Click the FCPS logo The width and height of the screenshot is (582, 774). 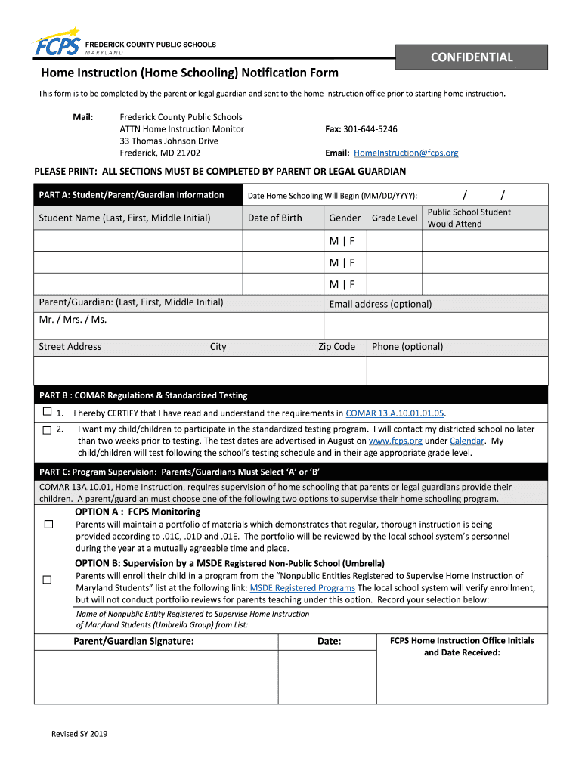tap(57, 46)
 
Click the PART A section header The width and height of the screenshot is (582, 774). tap(132, 195)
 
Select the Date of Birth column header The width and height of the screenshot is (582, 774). tap(274, 218)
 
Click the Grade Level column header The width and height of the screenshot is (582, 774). tap(394, 218)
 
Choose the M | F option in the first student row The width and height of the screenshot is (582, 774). tap(342, 241)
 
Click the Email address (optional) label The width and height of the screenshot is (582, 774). tap(380, 304)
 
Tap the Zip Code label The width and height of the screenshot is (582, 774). tap(336, 347)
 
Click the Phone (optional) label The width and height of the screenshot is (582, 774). tap(407, 347)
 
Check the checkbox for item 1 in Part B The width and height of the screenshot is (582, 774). tap(47, 413)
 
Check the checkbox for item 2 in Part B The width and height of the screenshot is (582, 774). tap(47, 429)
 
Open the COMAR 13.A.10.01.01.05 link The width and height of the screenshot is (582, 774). tap(395, 413)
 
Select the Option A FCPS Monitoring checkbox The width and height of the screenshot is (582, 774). tap(48, 524)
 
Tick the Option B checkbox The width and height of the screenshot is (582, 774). tap(47, 580)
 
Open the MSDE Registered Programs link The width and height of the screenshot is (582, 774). tap(302, 588)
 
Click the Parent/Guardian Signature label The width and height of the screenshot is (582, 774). tap(134, 641)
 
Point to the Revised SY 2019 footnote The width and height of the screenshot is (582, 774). tap(79, 734)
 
